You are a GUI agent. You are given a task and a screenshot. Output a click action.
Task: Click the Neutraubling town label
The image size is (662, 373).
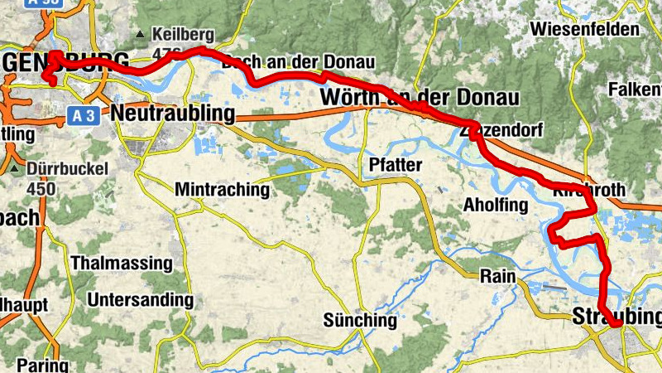(173, 113)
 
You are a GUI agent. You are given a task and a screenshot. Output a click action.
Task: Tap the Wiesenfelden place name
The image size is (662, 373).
(586, 30)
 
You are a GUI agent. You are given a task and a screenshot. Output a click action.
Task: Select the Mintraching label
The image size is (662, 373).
(222, 190)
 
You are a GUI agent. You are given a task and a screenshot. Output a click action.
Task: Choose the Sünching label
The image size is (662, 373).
(360, 319)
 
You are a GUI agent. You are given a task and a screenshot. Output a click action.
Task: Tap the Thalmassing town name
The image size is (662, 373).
(122, 264)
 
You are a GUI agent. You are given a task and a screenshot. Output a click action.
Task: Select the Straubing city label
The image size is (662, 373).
(616, 317)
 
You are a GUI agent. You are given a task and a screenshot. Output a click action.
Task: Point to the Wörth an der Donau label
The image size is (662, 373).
(420, 98)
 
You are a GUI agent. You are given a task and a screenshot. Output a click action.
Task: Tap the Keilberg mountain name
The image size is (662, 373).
(184, 35)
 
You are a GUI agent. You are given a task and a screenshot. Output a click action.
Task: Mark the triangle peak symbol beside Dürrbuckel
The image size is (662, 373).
(17, 169)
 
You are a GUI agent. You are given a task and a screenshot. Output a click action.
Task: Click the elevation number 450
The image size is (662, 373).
(40, 188)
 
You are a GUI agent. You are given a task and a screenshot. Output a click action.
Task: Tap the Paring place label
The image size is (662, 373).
(41, 365)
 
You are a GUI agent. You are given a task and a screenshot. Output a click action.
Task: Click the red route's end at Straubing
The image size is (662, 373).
(616, 325)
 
